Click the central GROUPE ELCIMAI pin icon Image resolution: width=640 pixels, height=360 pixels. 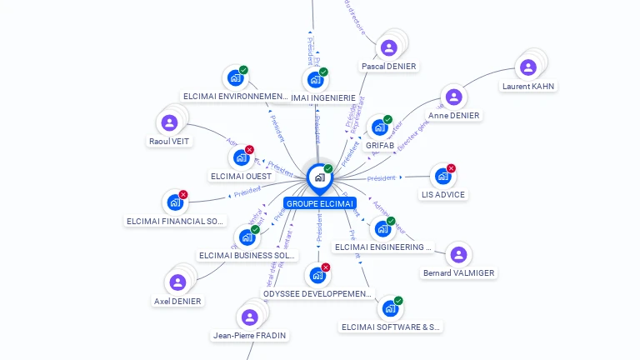(319, 177)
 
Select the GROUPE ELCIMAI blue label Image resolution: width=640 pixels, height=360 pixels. (319, 203)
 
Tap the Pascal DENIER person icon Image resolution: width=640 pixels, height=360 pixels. (388, 48)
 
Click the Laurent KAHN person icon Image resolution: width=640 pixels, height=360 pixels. (527, 67)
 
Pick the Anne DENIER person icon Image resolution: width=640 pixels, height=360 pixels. (453, 97)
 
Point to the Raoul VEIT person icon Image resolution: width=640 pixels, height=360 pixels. (169, 123)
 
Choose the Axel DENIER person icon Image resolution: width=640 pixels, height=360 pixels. (177, 282)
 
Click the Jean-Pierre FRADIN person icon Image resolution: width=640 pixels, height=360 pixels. (249, 317)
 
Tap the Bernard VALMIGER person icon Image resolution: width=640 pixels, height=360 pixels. (457, 254)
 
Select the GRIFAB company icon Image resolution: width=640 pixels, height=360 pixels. (380, 127)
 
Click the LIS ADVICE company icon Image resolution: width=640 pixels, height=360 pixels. (442, 177)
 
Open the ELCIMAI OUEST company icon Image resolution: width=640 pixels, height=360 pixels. (241, 157)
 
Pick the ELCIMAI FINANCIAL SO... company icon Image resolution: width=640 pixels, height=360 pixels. (175, 202)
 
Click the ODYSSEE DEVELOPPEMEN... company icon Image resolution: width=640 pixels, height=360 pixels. (317, 275)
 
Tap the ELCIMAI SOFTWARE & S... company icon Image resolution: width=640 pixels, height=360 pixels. (389, 309)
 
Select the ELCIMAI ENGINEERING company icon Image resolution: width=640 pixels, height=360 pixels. (382, 228)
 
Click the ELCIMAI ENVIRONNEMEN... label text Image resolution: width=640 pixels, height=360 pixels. (235, 97)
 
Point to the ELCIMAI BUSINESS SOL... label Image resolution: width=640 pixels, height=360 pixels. (248, 256)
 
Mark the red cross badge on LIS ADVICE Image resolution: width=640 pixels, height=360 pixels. (451, 168)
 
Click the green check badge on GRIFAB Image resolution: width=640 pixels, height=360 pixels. (388, 119)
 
